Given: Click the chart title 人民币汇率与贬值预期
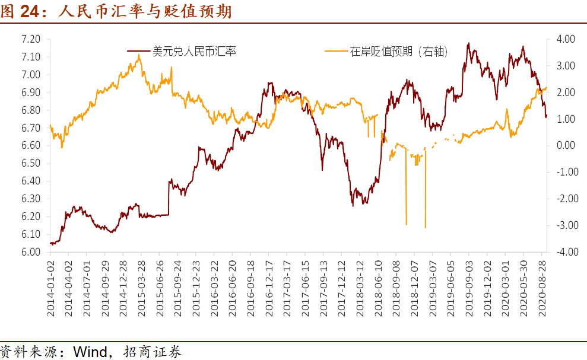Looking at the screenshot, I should [145, 11].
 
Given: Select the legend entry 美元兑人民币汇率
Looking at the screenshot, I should [194, 52].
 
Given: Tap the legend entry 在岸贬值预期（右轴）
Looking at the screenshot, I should [398, 52].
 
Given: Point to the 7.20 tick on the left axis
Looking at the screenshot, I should [31, 39].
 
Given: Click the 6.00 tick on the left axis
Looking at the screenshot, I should [31, 252].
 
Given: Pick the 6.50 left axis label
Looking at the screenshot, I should [31, 163].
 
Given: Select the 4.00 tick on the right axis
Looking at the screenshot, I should [566, 39].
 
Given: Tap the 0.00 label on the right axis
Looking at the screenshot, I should [566, 145].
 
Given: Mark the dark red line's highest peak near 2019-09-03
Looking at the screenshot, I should [469, 43].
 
